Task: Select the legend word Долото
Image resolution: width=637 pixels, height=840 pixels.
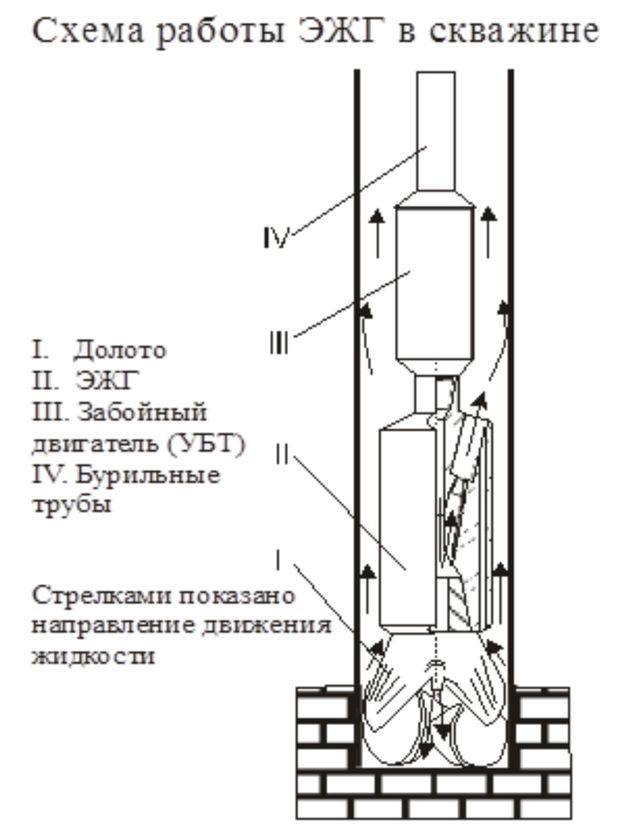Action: [x=120, y=349]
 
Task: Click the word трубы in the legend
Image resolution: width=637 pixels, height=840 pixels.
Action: [x=71, y=506]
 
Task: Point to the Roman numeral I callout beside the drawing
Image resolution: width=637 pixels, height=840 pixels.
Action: [x=279, y=559]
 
